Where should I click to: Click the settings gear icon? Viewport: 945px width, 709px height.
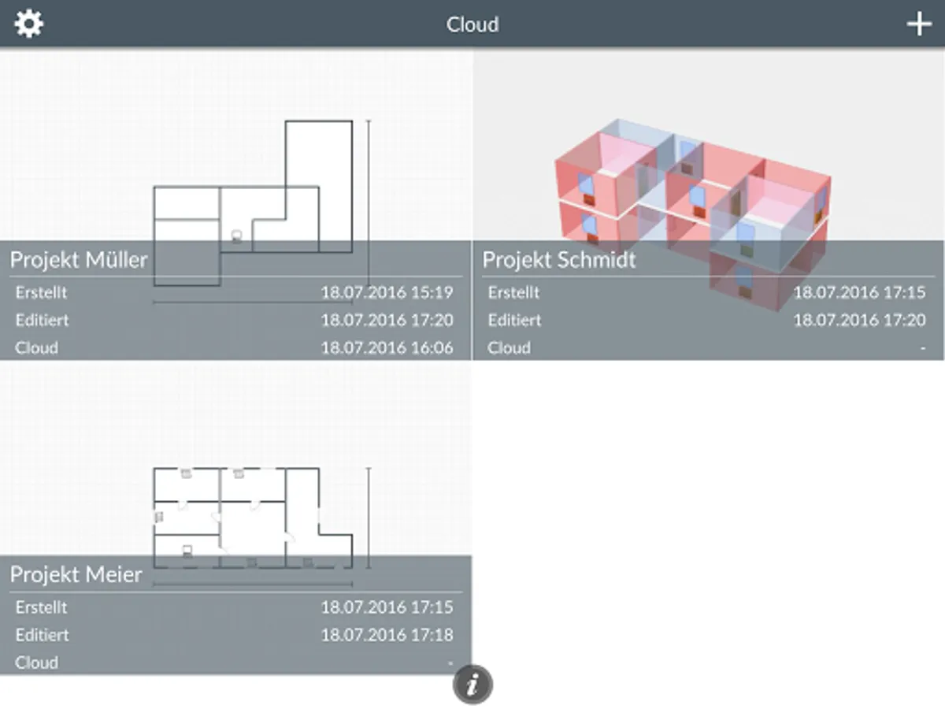(x=29, y=24)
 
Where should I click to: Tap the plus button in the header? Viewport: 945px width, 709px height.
(x=919, y=24)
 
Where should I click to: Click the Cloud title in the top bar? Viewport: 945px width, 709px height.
(x=472, y=24)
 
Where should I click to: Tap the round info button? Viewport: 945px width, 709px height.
(x=472, y=685)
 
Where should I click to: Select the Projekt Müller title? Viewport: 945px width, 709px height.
(x=79, y=260)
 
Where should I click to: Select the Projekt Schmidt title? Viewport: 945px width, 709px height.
(x=559, y=260)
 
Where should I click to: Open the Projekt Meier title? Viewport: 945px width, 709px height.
(x=76, y=574)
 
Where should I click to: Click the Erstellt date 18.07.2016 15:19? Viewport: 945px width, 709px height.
(x=387, y=293)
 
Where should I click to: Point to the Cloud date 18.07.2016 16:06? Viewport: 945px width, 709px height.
(x=387, y=348)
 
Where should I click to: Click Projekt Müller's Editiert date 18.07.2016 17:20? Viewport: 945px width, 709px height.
(x=387, y=321)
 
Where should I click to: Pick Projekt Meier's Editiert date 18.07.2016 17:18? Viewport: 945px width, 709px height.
(x=387, y=635)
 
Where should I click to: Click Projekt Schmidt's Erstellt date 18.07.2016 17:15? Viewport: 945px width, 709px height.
(x=859, y=293)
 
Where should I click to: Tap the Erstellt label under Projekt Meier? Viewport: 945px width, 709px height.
(x=41, y=607)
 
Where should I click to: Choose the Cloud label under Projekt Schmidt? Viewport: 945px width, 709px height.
(x=509, y=348)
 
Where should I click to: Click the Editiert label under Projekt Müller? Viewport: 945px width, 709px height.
(x=43, y=321)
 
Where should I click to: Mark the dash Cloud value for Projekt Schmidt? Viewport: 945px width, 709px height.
(x=923, y=348)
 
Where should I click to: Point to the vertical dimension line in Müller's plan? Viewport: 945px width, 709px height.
(x=369, y=202)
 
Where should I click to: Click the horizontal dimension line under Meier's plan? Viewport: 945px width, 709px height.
(x=253, y=585)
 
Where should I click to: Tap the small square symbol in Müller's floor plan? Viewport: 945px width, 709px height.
(x=236, y=236)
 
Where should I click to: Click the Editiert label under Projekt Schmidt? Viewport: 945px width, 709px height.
(x=514, y=321)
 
